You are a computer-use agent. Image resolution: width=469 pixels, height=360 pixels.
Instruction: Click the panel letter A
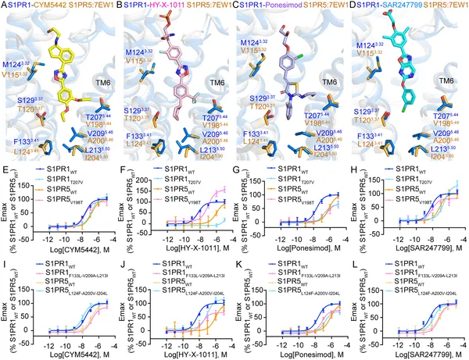coord(5,5)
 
